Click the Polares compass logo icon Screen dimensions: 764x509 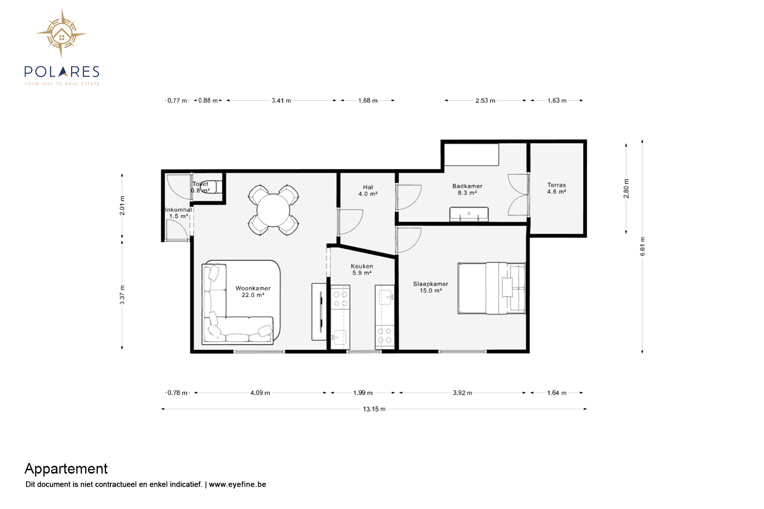click(61, 33)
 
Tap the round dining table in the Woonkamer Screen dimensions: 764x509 click(273, 210)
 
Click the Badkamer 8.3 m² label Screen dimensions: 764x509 click(467, 189)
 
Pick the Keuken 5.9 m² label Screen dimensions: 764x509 click(362, 269)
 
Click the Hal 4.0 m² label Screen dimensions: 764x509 click(367, 191)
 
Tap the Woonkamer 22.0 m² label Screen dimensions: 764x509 click(253, 291)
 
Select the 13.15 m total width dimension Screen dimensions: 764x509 click(374, 409)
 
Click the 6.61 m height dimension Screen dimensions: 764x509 click(642, 246)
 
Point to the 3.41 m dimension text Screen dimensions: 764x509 click(281, 100)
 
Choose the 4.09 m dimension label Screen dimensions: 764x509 click(260, 393)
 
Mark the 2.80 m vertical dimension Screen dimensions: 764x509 click(626, 188)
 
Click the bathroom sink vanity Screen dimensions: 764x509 click(469, 214)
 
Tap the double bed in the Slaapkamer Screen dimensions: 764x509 click(491, 288)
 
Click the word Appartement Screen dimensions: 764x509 click(66, 469)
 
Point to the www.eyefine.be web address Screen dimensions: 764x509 click(237, 484)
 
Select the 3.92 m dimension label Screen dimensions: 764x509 click(462, 393)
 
